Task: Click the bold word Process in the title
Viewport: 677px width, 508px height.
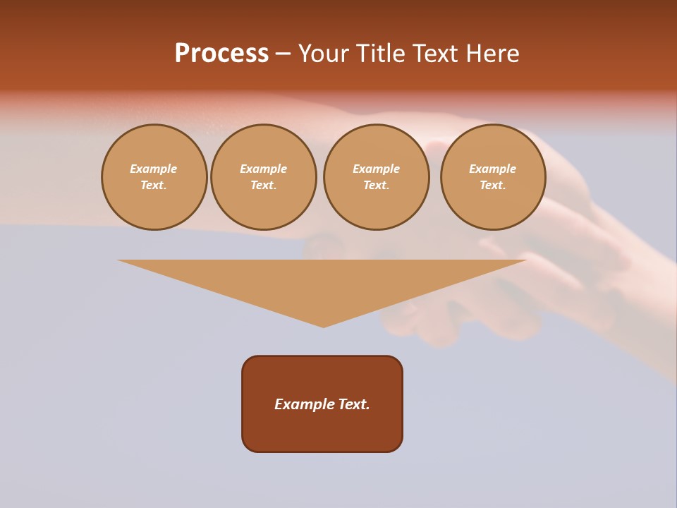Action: pyautogui.click(x=221, y=53)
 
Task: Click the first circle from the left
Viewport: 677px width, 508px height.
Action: pyautogui.click(x=154, y=177)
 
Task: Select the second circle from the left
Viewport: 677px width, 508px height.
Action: pyautogui.click(x=263, y=177)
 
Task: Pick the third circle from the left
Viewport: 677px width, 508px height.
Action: pyautogui.click(x=376, y=177)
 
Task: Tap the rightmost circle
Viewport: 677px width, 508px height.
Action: pyautogui.click(x=492, y=177)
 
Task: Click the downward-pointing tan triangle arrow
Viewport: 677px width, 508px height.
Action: pyautogui.click(x=322, y=282)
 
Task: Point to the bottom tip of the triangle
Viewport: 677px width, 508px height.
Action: pyautogui.click(x=323, y=326)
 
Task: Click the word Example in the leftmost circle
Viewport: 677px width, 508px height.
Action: pyautogui.click(x=154, y=169)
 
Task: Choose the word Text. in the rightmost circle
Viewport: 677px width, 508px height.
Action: pyautogui.click(x=492, y=185)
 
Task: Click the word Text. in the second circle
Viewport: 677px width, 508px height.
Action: pyautogui.click(x=263, y=185)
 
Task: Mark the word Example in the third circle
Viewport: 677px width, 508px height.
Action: pyautogui.click(x=376, y=169)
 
